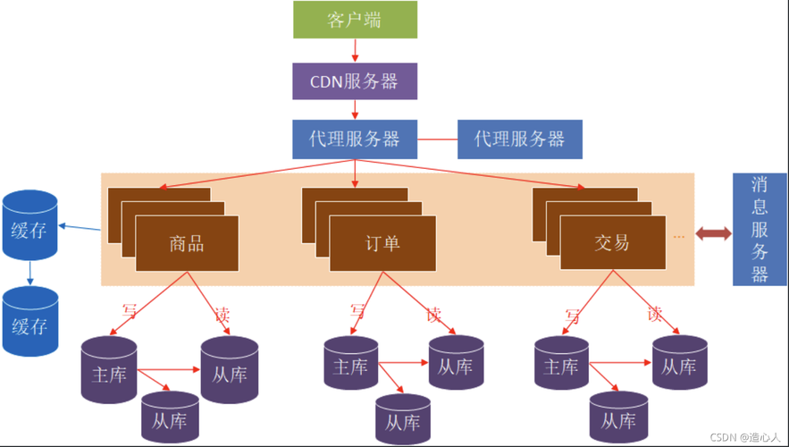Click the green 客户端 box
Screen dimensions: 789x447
356,20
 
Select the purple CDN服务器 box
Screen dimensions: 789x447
355,81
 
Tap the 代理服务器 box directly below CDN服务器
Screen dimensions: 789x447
355,139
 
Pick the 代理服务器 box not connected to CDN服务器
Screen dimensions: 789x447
520,139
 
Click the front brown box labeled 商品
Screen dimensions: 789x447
187,244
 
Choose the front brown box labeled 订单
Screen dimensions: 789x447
383,244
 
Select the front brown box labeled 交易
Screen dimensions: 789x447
613,242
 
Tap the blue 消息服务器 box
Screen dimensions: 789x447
760,229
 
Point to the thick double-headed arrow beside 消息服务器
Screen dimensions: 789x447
714,233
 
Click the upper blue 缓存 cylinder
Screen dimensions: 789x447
29,225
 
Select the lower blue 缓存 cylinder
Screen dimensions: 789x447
30,321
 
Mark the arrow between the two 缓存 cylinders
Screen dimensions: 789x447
29,273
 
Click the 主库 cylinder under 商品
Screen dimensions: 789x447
109,370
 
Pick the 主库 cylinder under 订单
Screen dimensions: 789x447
351,363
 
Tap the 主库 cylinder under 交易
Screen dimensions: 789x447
561,363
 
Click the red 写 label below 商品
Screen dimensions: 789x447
130,311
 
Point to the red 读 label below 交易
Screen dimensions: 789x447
655,315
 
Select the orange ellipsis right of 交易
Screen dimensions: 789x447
679,236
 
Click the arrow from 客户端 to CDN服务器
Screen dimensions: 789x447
355,50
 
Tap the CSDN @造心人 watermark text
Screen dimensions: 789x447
744,437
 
